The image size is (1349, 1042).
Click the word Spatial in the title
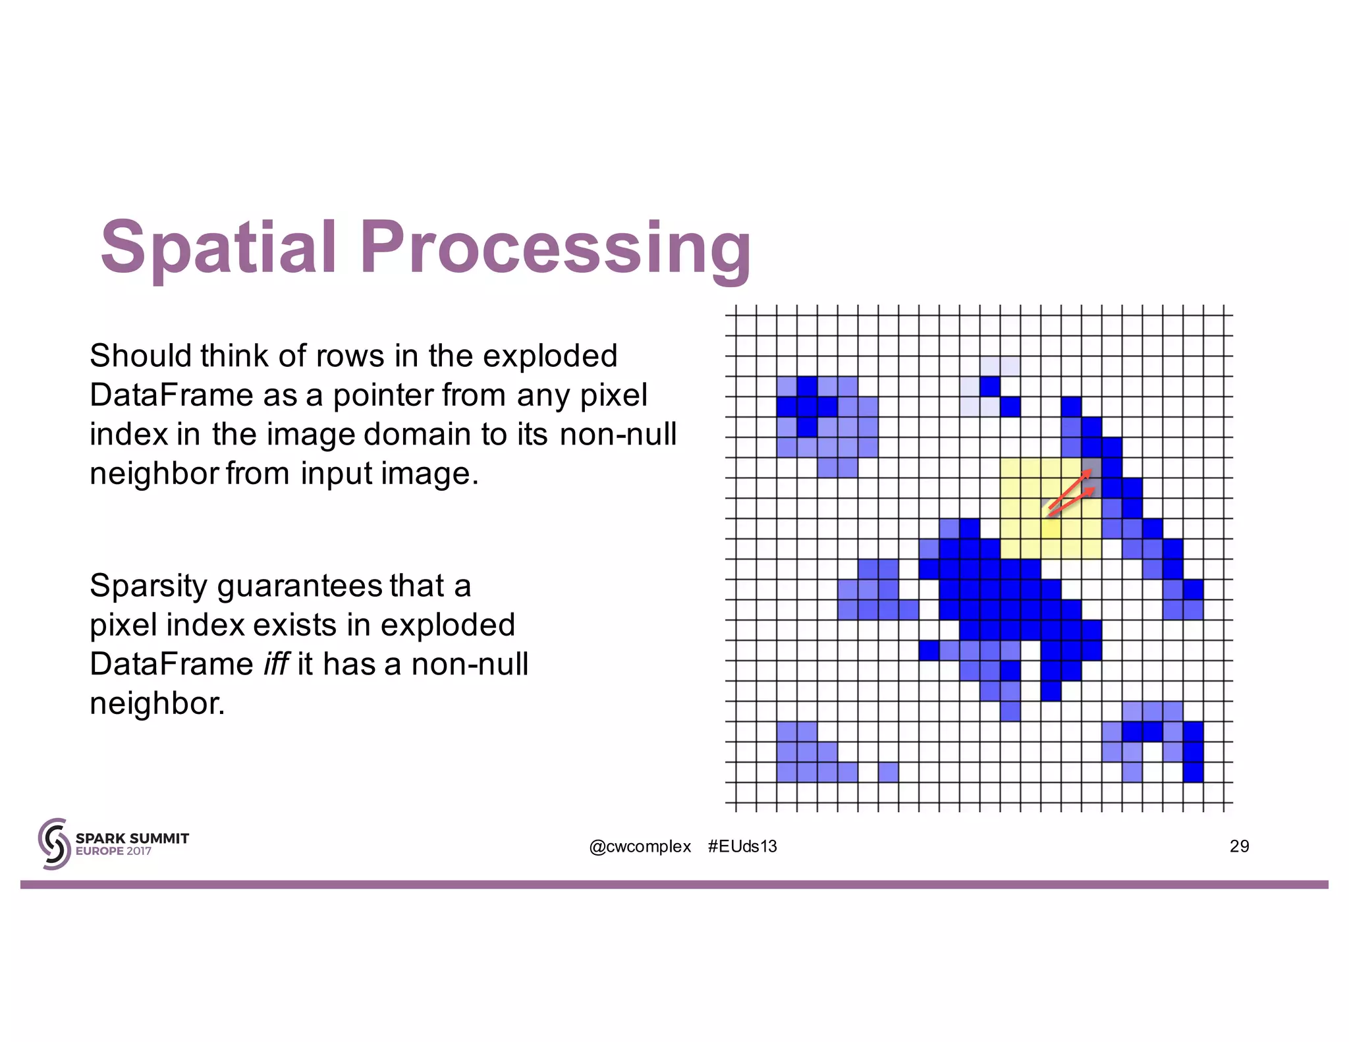[x=218, y=247]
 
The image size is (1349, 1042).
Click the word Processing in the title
[x=555, y=247]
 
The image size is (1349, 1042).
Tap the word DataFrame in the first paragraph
[x=171, y=395]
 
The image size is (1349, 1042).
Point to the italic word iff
[x=275, y=664]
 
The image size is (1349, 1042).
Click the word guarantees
[x=300, y=586]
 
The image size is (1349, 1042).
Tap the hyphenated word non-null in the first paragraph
[x=618, y=434]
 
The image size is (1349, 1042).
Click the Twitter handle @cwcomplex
[x=640, y=846]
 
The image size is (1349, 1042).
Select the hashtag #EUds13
[x=742, y=846]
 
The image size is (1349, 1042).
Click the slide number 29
[x=1239, y=846]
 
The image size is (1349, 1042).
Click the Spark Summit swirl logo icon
[x=54, y=844]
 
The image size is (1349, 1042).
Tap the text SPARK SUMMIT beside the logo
[x=132, y=838]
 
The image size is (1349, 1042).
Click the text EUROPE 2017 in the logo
[x=113, y=851]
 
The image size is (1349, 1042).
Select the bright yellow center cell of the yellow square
[x=1051, y=529]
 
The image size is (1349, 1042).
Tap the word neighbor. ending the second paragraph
[x=157, y=703]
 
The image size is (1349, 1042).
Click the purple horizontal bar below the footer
[x=674, y=885]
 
